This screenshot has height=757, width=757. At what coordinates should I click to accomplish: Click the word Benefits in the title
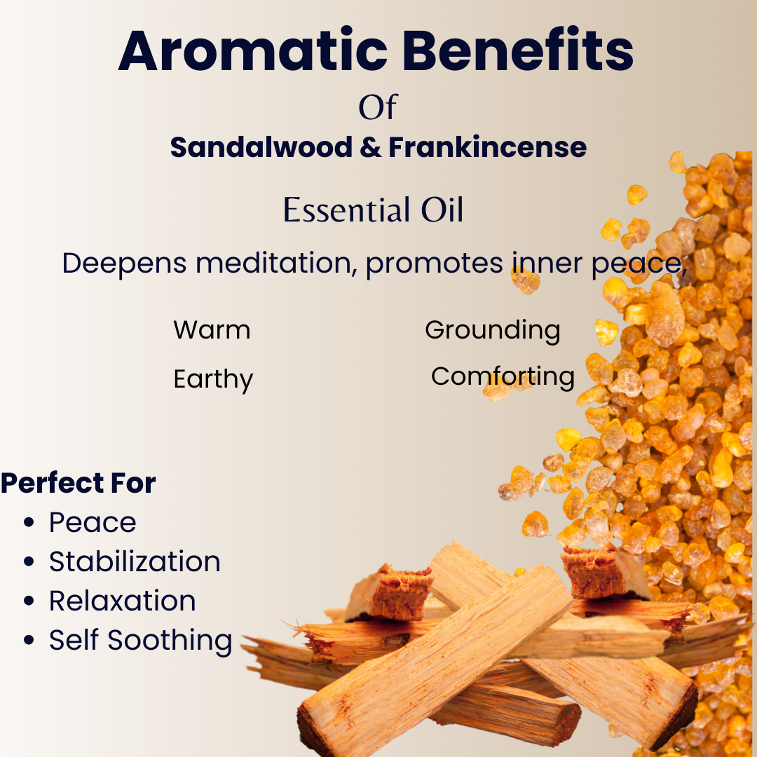[x=517, y=50]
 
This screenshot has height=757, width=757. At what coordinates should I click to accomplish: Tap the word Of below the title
[x=378, y=107]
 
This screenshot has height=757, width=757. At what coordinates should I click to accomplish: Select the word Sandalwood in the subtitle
[x=261, y=147]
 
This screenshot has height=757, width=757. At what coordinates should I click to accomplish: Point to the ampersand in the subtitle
[x=370, y=147]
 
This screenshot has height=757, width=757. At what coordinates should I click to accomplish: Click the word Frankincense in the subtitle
[x=488, y=147]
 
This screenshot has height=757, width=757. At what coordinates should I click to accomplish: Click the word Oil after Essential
[x=442, y=210]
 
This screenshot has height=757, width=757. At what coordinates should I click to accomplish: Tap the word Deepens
[x=124, y=264]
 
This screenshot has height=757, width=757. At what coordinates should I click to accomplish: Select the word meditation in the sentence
[x=277, y=264]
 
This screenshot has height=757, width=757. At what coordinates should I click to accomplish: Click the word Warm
[x=212, y=330]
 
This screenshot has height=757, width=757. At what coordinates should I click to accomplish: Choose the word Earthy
[x=213, y=380]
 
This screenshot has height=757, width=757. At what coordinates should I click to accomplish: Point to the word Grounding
[x=493, y=331]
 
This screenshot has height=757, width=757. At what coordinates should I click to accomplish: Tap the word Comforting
[x=503, y=376]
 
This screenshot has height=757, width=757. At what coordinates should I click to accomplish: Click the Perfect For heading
[x=79, y=483]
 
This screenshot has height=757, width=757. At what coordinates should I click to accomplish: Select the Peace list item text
[x=93, y=522]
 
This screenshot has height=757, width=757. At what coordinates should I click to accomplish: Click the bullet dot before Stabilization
[x=29, y=561]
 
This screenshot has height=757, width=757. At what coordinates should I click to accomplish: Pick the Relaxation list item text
[x=123, y=601]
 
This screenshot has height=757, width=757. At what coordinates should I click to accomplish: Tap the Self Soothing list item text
[x=141, y=641]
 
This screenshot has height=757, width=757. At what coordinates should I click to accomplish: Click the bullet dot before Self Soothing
[x=29, y=640]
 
